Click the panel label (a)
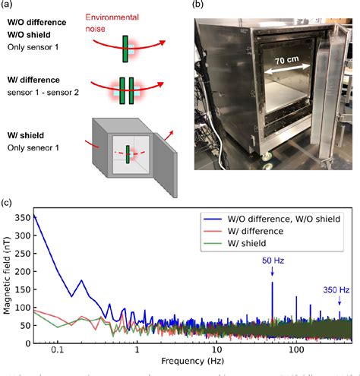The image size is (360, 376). pyautogui.click(x=8, y=6)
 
